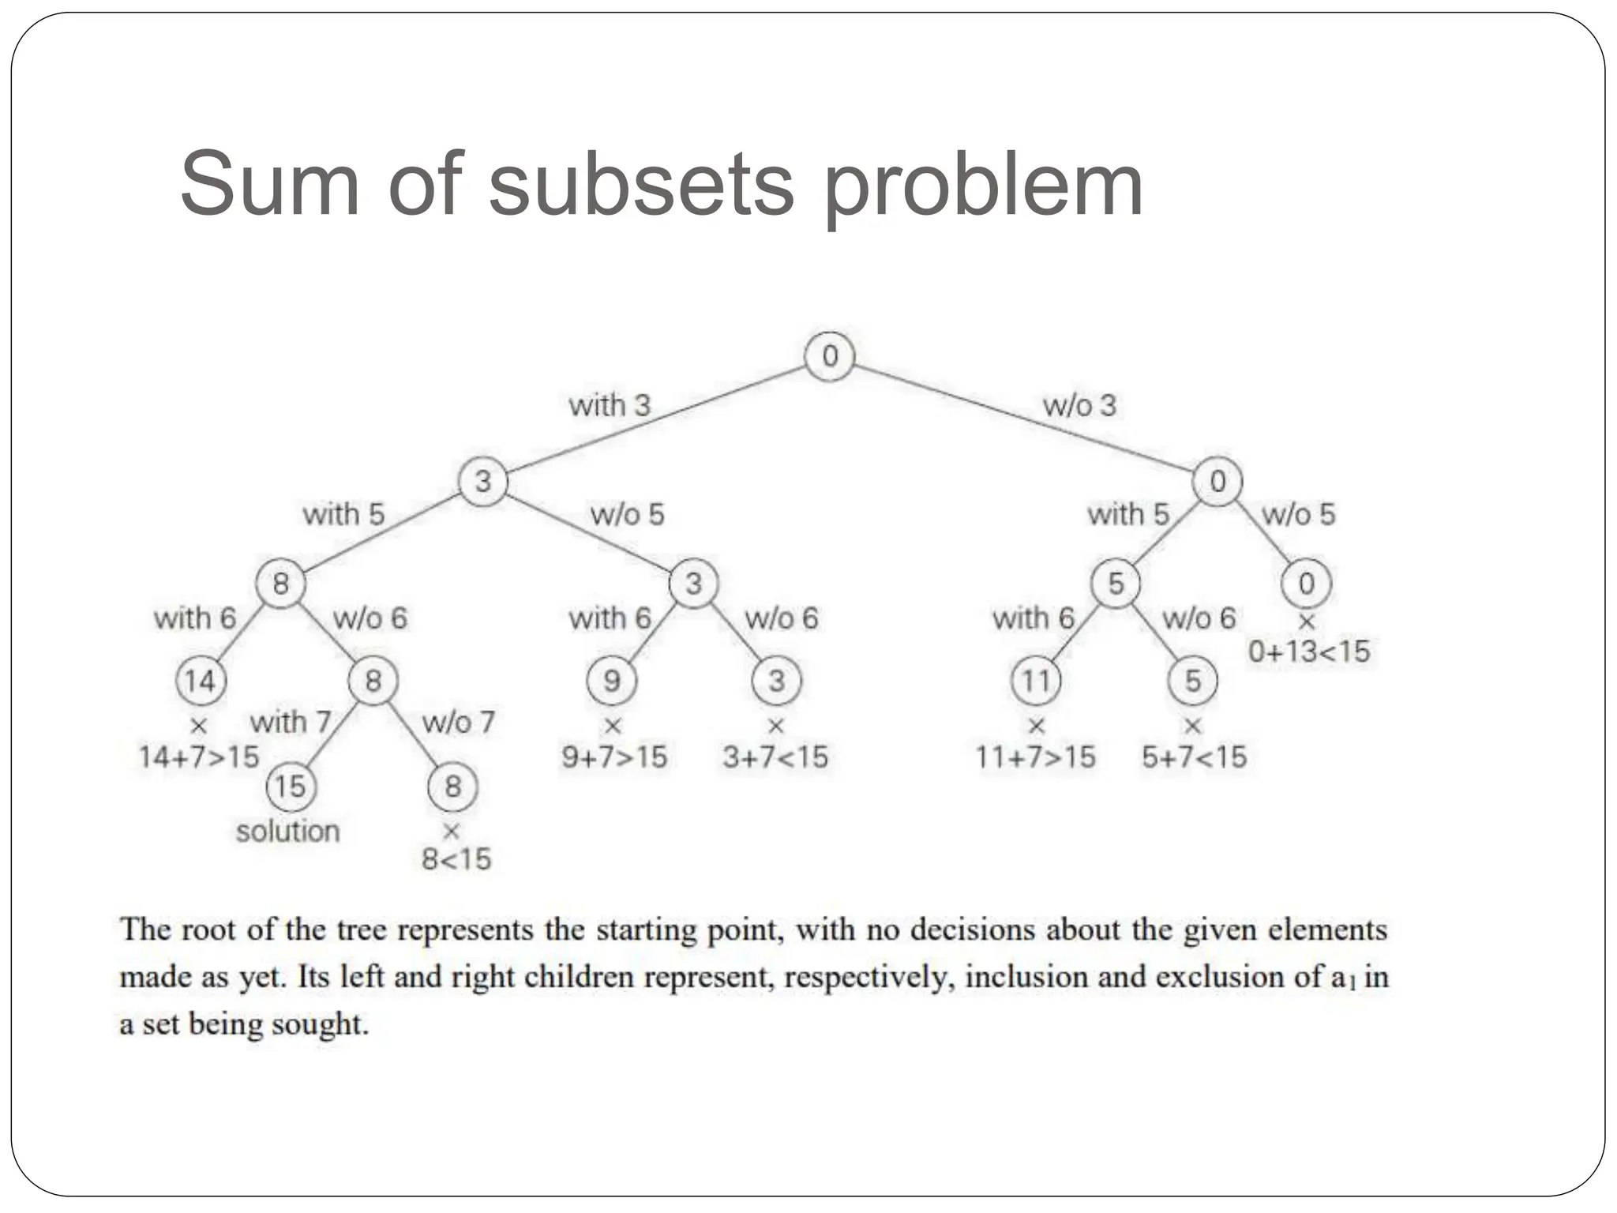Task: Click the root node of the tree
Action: coord(829,356)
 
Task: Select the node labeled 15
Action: coord(290,786)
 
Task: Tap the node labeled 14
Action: coord(200,680)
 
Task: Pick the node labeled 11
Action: coord(1036,680)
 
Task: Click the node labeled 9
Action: coord(612,680)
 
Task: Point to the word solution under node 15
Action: coord(288,831)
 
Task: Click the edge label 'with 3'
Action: coord(609,405)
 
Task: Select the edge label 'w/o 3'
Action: coord(1079,405)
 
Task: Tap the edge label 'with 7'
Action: coord(290,722)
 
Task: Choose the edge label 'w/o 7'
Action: coord(458,722)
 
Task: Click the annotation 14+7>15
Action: coord(199,757)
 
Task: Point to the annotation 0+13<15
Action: coord(1308,652)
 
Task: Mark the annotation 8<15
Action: coord(456,858)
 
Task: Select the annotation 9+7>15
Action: coord(614,757)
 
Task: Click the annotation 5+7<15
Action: coord(1194,757)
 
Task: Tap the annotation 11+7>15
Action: coord(1035,757)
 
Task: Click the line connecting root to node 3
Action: coord(655,419)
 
